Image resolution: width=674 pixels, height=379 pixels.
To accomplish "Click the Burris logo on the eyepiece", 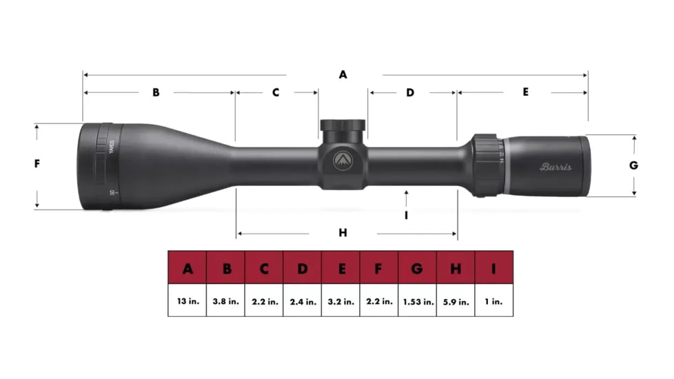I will pyautogui.click(x=555, y=167).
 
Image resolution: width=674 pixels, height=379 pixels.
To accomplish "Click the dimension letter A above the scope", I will pyautogui.click(x=343, y=74).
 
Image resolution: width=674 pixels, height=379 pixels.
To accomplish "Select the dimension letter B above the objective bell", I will pyautogui.click(x=156, y=92).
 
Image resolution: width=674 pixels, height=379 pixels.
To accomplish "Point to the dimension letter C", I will pyautogui.click(x=275, y=92).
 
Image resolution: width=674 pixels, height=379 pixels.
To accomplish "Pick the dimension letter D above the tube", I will pyautogui.click(x=409, y=92).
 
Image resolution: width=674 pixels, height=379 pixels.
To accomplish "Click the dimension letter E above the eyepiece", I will pyautogui.click(x=525, y=92).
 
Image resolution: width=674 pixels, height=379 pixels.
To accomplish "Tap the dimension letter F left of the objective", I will pyautogui.click(x=37, y=164).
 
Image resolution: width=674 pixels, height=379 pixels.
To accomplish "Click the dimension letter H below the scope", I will pyautogui.click(x=343, y=233).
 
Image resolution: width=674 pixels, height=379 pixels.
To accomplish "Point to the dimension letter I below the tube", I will pyautogui.click(x=407, y=215).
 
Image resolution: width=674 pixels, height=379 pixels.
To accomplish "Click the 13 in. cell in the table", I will pyautogui.click(x=187, y=301).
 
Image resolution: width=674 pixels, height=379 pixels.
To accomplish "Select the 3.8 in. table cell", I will pyautogui.click(x=226, y=301).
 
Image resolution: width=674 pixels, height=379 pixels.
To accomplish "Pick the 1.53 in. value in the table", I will pyautogui.click(x=418, y=301).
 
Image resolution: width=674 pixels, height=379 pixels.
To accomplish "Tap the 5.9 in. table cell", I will pyautogui.click(x=456, y=301).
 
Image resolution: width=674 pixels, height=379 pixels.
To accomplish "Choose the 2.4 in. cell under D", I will pyautogui.click(x=303, y=301).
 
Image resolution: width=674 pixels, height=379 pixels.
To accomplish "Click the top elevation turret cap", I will pyautogui.click(x=343, y=127).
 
